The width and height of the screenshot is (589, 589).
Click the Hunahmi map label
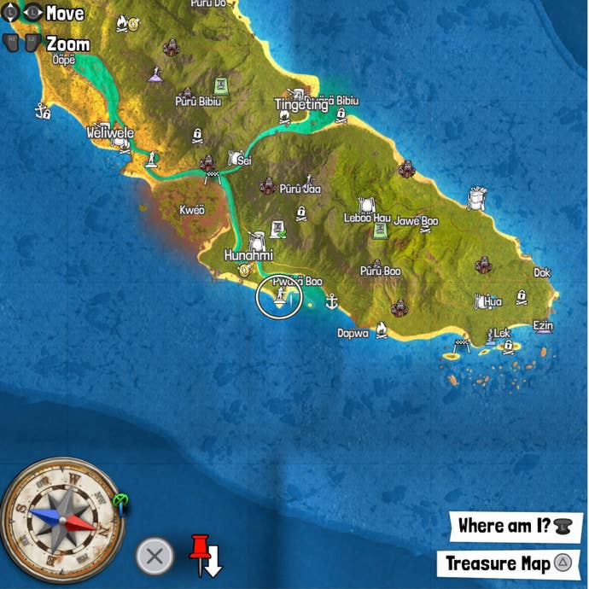point(248,255)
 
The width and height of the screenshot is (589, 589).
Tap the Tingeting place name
point(300,105)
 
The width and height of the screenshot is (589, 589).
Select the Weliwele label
point(111,133)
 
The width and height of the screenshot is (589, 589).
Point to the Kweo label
point(192,210)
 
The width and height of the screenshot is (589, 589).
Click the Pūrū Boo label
point(380,271)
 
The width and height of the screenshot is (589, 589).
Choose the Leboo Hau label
point(367,219)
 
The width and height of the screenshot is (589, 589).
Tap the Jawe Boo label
point(416,221)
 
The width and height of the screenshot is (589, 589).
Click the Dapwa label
point(353,333)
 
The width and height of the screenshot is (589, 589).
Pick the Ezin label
point(542,326)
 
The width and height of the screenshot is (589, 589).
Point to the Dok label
point(542,273)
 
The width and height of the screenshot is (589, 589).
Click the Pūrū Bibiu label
point(198,102)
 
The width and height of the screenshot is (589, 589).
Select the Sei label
point(244,160)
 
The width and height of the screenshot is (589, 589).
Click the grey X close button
point(155,557)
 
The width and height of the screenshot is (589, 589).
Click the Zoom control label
point(68,44)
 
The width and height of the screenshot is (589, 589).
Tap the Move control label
point(65,14)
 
